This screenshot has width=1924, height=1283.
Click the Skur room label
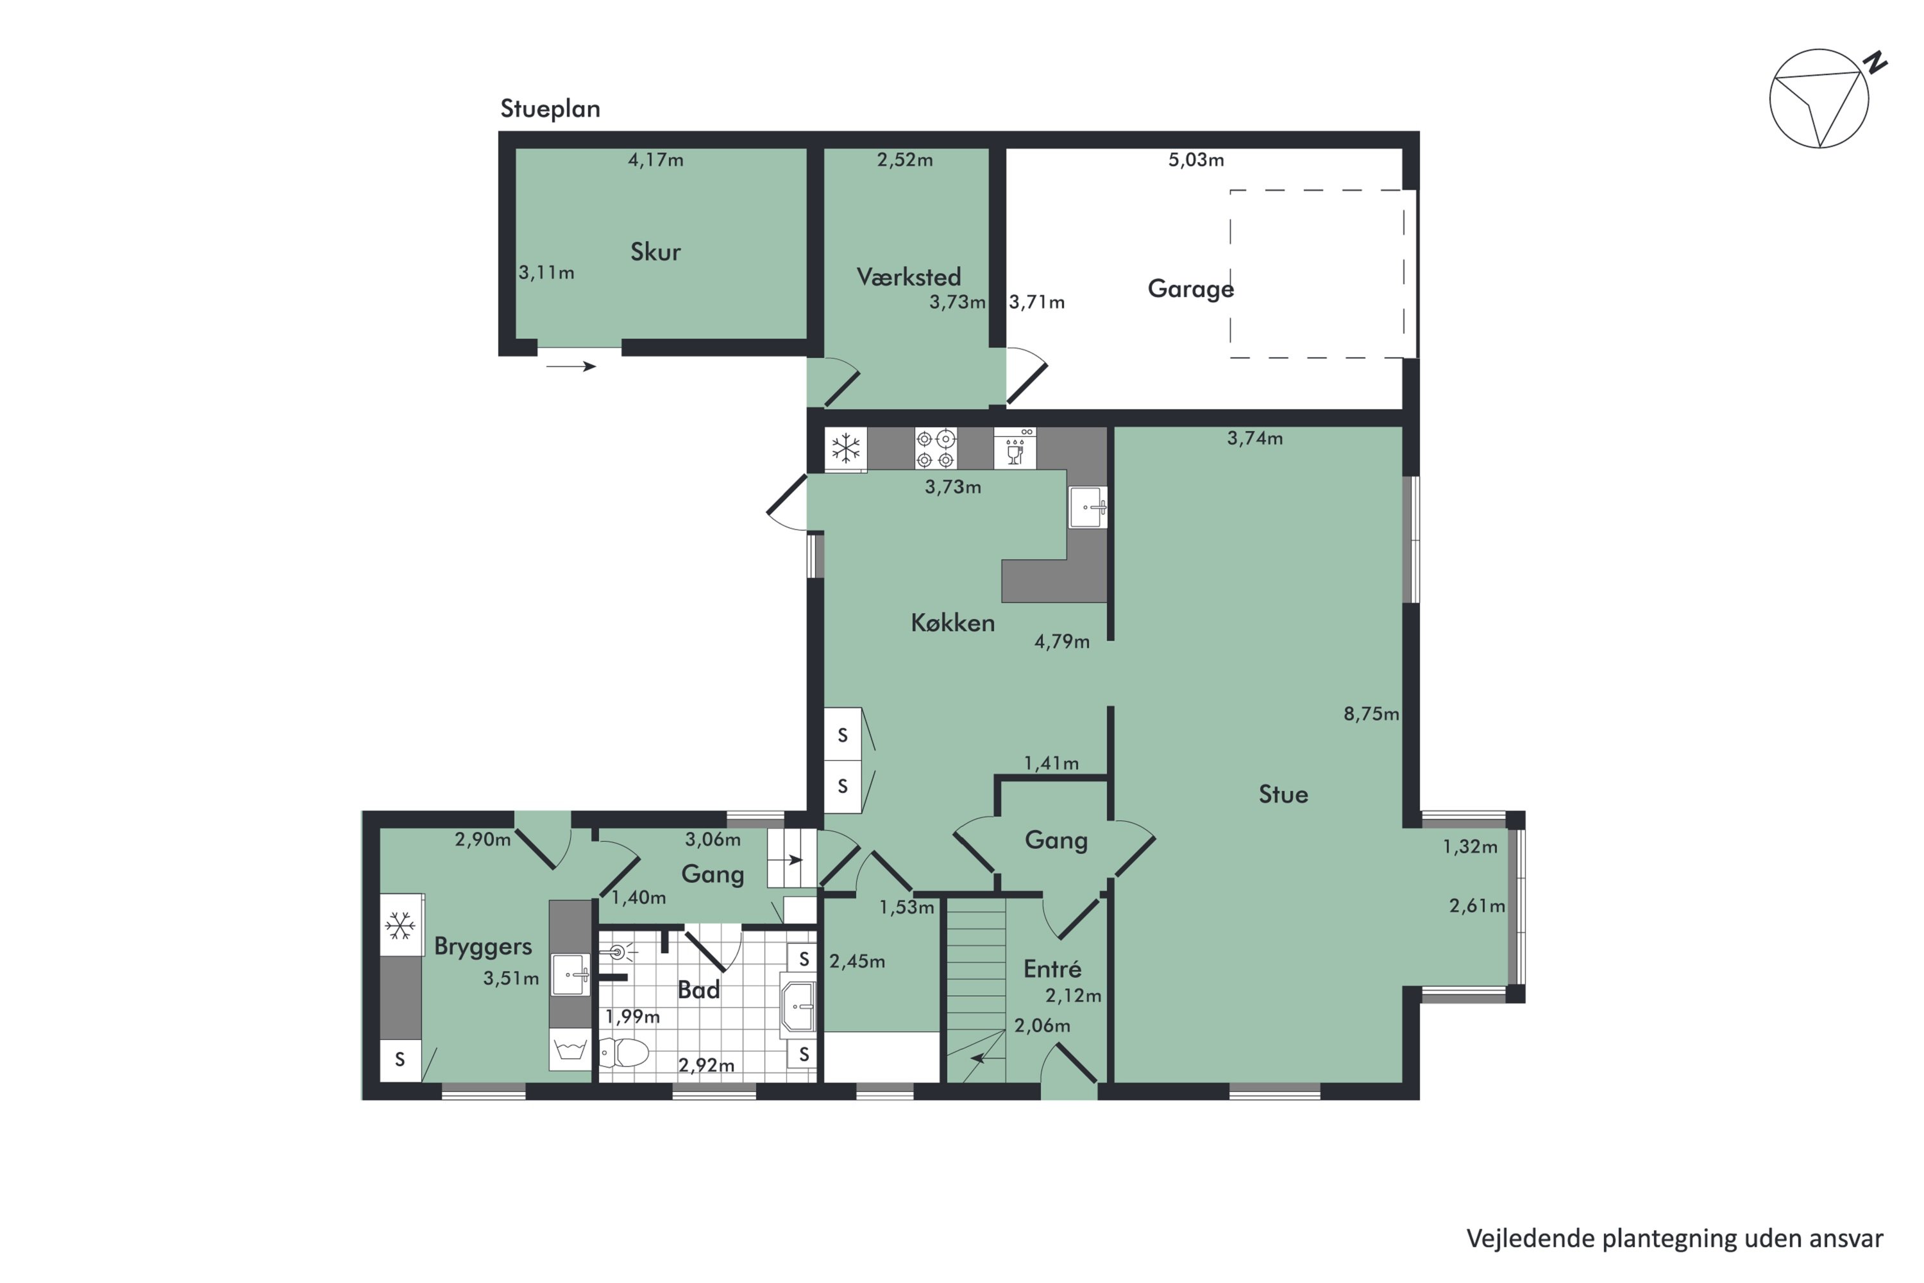(x=655, y=251)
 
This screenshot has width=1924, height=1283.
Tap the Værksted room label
(x=908, y=276)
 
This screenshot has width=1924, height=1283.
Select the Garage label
(x=1190, y=289)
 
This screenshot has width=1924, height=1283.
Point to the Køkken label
(x=952, y=623)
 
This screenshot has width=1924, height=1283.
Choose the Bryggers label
(x=483, y=947)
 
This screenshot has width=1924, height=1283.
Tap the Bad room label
(x=698, y=990)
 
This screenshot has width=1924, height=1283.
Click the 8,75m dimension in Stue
(x=1371, y=713)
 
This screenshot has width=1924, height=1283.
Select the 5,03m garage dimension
(x=1196, y=160)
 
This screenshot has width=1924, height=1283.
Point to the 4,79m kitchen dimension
(x=1062, y=641)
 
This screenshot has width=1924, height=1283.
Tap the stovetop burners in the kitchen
(x=936, y=448)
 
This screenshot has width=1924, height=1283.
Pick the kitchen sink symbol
(x=1088, y=507)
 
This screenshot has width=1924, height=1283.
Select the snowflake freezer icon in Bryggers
(x=400, y=926)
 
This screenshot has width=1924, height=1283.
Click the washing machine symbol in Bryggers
(x=570, y=1049)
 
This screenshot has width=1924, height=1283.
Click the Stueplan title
(x=550, y=109)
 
